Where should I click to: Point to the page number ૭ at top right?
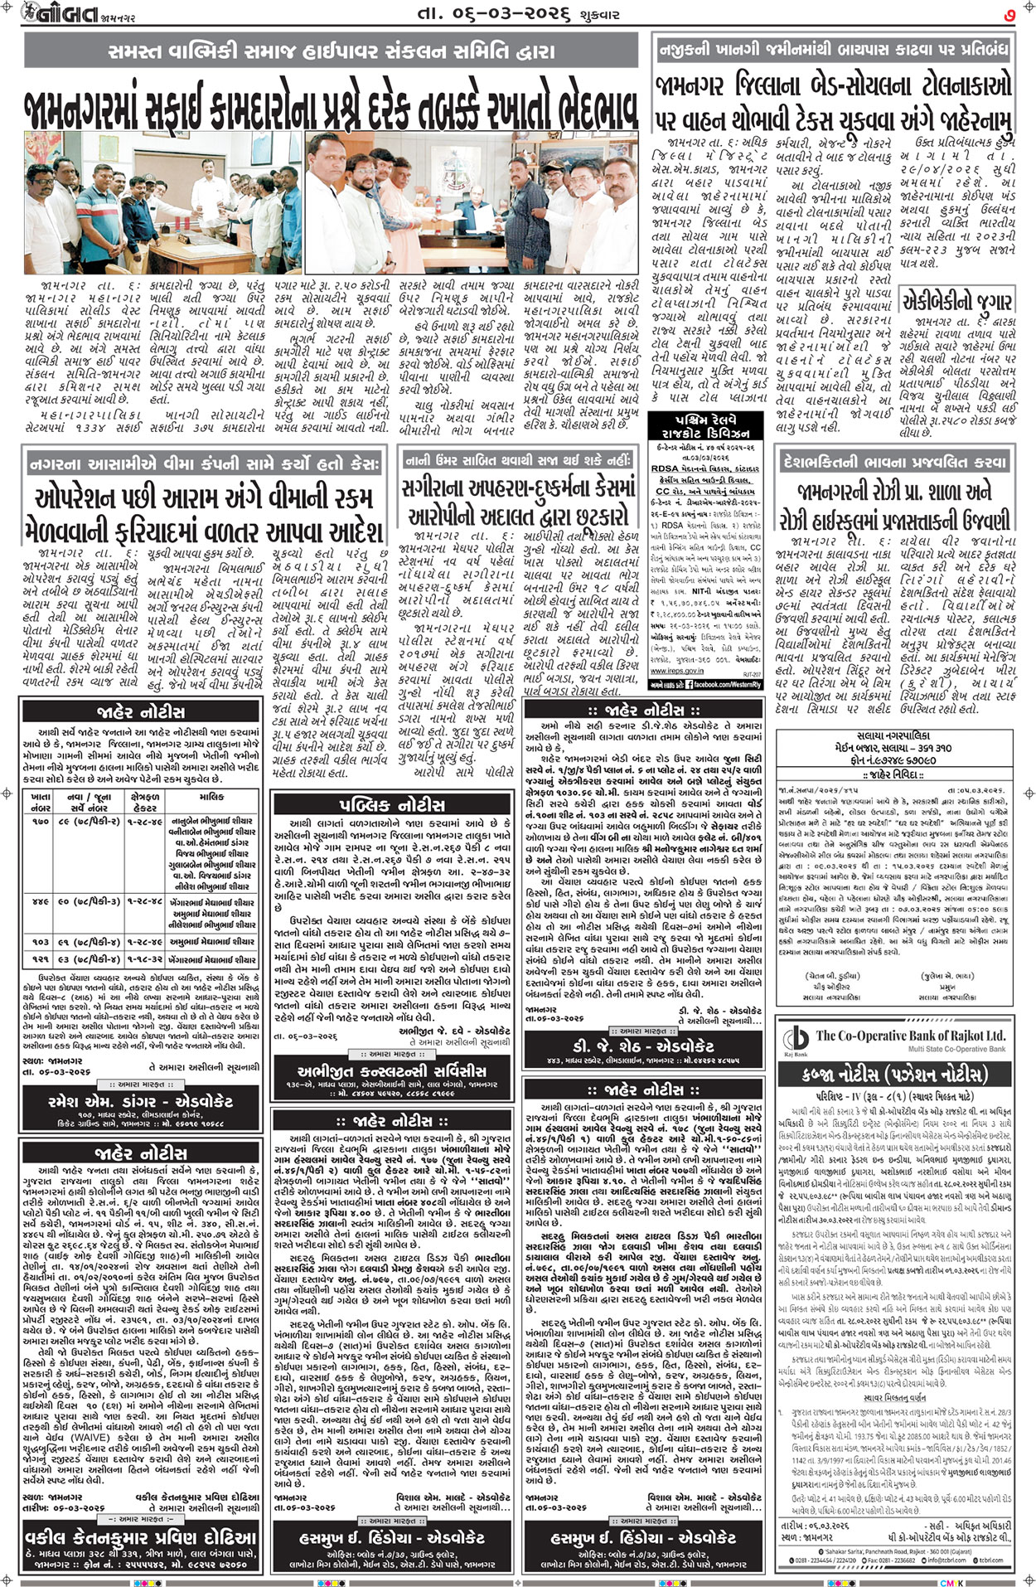click(x=1009, y=14)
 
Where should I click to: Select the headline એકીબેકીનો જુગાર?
click(x=956, y=300)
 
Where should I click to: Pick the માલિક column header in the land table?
click(x=211, y=797)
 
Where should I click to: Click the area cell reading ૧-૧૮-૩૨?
click(x=143, y=959)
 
